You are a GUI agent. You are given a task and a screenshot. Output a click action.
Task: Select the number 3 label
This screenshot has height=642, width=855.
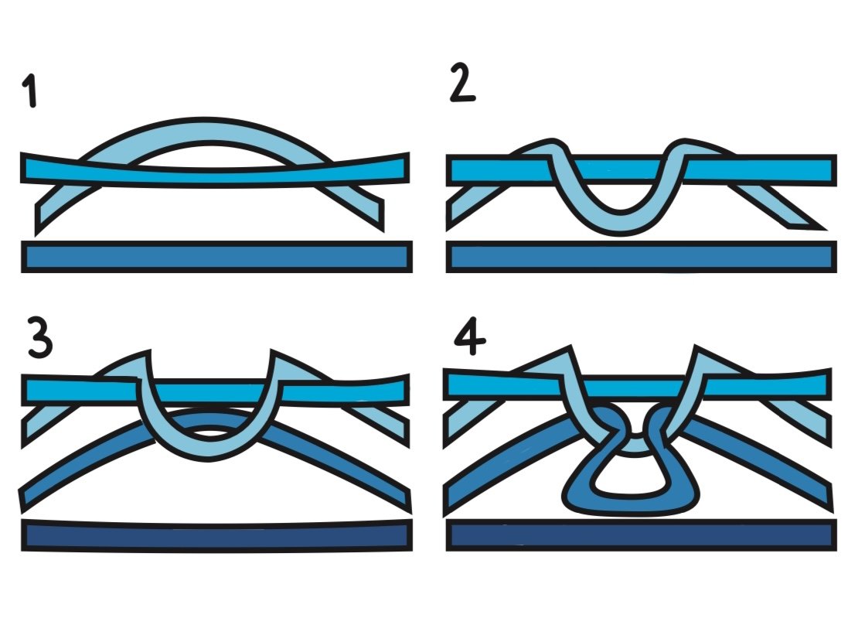(41, 338)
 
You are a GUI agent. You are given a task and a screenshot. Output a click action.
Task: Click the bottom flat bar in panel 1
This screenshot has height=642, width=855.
(216, 257)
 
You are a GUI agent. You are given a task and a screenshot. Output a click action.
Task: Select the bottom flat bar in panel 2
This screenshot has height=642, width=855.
(642, 257)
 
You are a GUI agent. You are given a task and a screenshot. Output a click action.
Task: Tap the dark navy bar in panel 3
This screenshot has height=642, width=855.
(216, 536)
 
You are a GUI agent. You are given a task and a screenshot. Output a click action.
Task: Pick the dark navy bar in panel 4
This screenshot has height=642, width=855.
(642, 535)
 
